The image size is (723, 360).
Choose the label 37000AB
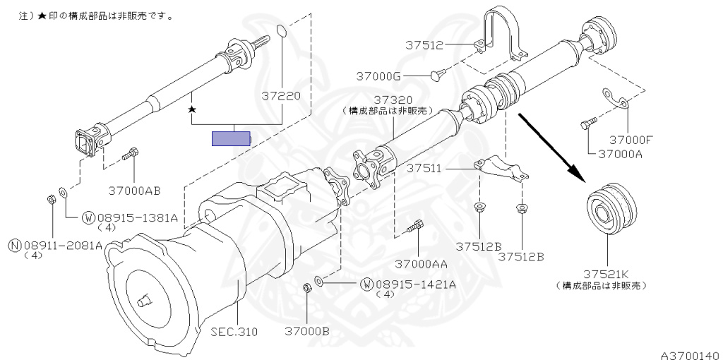point(135,189)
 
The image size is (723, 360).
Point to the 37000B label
point(307,330)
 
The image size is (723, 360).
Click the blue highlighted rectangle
point(232,138)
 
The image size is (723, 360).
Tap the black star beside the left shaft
point(191,110)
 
